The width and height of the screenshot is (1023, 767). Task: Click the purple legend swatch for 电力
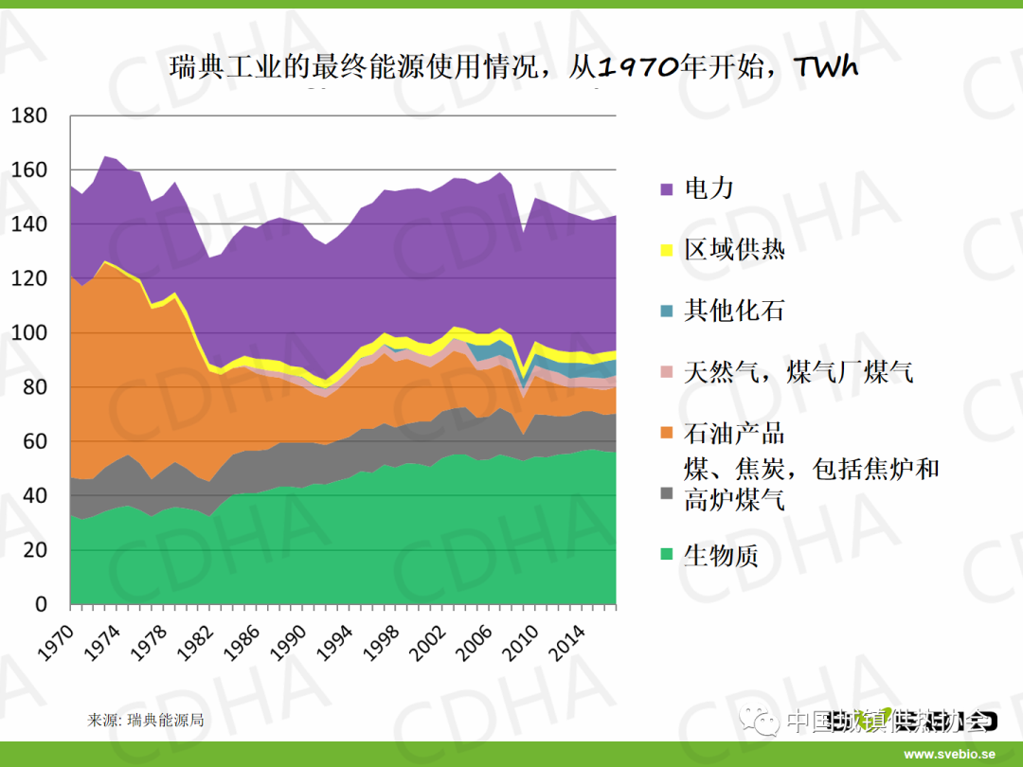[x=667, y=189]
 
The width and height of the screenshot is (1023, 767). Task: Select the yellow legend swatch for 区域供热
[x=667, y=251]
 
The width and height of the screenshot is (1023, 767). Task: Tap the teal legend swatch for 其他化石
[x=667, y=312]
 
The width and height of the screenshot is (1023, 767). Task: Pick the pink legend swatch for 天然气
[x=667, y=373]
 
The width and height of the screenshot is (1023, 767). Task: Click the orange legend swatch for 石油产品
[x=667, y=434]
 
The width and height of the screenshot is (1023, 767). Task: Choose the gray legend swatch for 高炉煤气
[x=667, y=495]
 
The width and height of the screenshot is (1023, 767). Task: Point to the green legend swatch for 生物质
[x=667, y=557]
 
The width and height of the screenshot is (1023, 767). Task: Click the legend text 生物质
[x=721, y=556]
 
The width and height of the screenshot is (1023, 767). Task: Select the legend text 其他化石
[x=734, y=311]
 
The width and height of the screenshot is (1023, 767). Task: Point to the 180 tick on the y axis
[x=28, y=116]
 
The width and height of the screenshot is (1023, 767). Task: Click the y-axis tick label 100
[x=28, y=333]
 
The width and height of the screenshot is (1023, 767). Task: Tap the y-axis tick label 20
[x=34, y=550]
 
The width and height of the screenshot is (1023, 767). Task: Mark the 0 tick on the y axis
[x=41, y=604]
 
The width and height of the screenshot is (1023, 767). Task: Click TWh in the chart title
[x=825, y=67]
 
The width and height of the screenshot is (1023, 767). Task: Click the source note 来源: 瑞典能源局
[x=145, y=720]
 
